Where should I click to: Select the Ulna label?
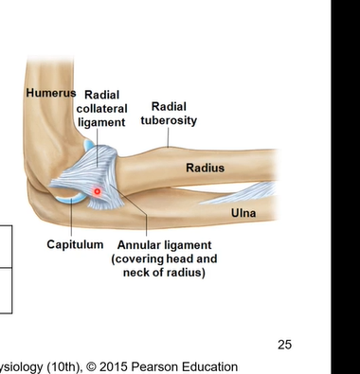click(x=243, y=213)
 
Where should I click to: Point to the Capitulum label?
click(x=75, y=244)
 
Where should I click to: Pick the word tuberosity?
click(x=171, y=120)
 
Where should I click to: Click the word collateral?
click(x=100, y=109)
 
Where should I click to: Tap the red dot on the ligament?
click(x=97, y=192)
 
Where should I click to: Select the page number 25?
click(x=285, y=344)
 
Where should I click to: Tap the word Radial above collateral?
click(x=101, y=95)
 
